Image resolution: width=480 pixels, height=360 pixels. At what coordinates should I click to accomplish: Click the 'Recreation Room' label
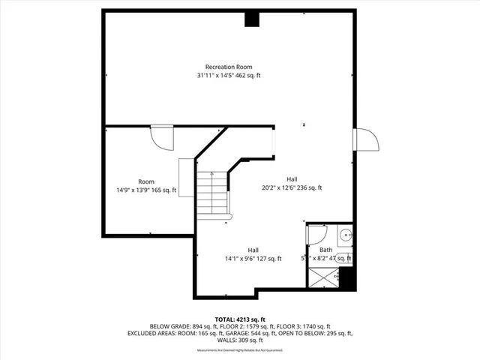pyautogui.click(x=229, y=67)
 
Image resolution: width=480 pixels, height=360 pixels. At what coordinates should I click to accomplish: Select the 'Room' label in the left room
pyautogui.click(x=145, y=181)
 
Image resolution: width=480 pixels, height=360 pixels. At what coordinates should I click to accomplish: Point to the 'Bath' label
pyautogui.click(x=325, y=250)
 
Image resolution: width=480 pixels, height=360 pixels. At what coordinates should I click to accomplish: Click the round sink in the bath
pyautogui.click(x=345, y=235)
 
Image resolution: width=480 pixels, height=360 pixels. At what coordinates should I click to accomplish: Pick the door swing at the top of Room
pyautogui.click(x=161, y=136)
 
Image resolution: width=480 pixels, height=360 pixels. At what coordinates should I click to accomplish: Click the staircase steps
pyautogui.click(x=212, y=193)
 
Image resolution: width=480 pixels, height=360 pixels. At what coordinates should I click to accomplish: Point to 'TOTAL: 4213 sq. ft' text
pyautogui.click(x=239, y=319)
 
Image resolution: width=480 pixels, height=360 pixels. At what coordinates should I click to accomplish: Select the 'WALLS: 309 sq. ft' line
pyautogui.click(x=239, y=340)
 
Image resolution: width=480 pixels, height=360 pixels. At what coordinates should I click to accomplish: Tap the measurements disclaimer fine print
pyautogui.click(x=239, y=349)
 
